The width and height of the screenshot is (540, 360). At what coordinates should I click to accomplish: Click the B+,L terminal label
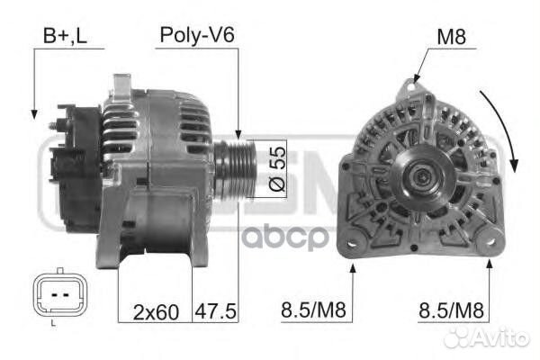[x=65, y=36]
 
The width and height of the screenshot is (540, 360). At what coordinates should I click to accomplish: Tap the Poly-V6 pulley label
[x=197, y=35]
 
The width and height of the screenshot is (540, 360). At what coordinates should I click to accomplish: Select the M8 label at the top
[x=451, y=37]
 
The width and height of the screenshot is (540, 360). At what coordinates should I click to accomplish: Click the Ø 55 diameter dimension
[x=277, y=169]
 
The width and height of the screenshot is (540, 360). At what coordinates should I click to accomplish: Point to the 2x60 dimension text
[x=156, y=311]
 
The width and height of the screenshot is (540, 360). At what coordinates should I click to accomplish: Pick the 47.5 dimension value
[x=216, y=311]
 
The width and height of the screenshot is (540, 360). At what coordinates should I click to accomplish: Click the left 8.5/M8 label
[x=313, y=310]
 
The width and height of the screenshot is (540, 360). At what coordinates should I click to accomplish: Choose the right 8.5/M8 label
[x=451, y=310]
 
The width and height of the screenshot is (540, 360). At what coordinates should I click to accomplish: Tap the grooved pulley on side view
[x=236, y=169]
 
